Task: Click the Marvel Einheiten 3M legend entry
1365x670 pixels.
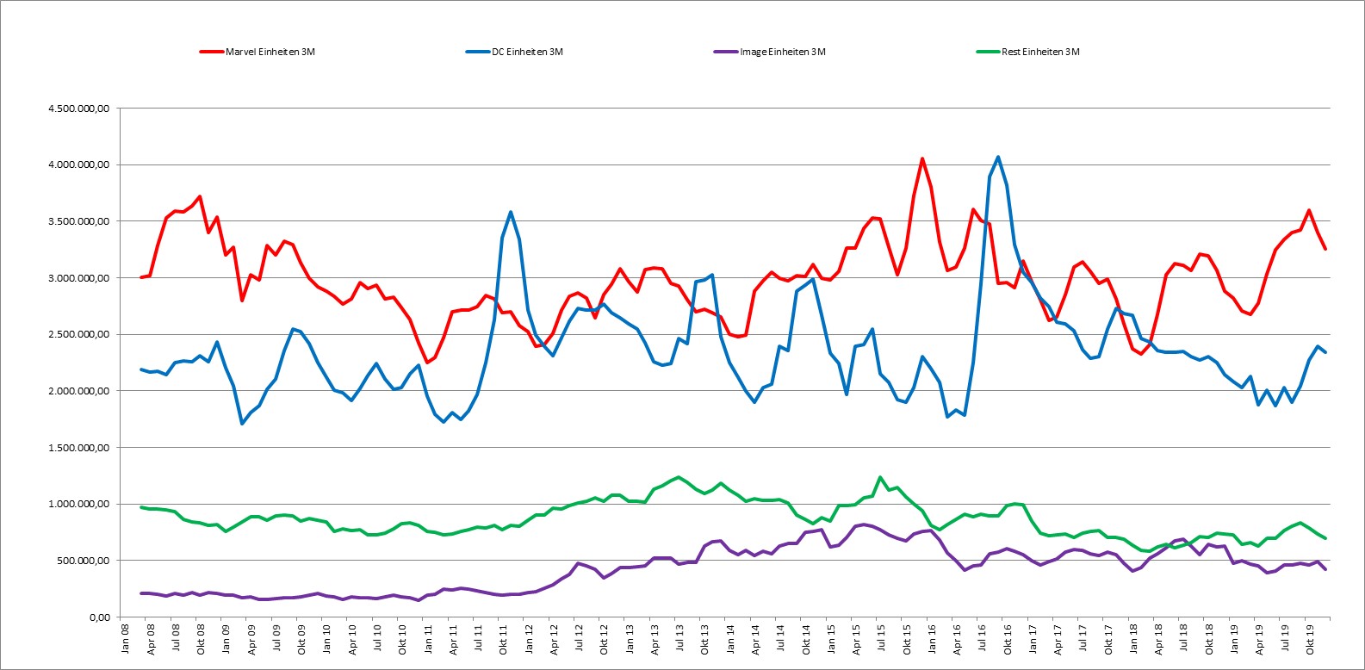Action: pos(257,52)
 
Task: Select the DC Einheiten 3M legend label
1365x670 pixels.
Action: pos(514,52)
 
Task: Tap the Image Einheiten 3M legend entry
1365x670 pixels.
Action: pos(770,52)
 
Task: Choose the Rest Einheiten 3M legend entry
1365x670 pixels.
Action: pos(1028,52)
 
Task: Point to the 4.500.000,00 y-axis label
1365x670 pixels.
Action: pos(79,109)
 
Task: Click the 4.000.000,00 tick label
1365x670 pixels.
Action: pos(79,164)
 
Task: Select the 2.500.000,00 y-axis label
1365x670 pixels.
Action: pos(79,334)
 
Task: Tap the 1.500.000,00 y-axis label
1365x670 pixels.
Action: pos(79,448)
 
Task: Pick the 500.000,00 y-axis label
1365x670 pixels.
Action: pos(83,561)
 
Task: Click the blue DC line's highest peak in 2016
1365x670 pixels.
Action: pos(997,157)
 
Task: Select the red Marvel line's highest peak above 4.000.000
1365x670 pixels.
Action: pos(922,159)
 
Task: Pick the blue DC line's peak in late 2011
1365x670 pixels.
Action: pos(511,212)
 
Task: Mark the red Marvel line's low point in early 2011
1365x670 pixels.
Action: pos(427,363)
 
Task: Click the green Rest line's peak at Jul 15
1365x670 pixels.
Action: pos(880,478)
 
